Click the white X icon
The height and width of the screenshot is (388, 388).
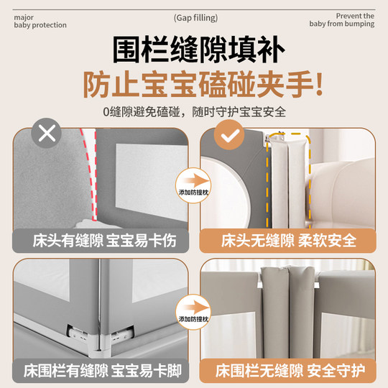point(48,133)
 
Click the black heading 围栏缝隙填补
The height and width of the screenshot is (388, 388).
point(194,49)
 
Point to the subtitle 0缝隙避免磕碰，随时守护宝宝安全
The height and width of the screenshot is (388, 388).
point(194,113)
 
